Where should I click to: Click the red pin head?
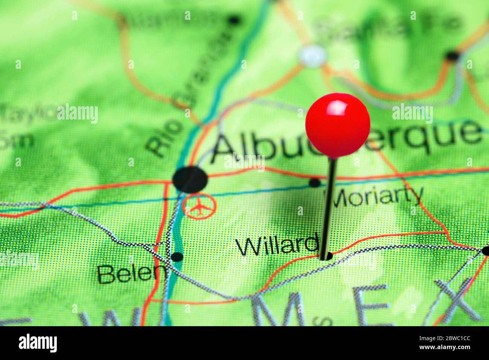click(337, 125)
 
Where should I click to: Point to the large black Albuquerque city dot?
click(190, 178)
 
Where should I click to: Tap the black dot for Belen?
click(177, 257)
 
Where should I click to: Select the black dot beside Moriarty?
click(314, 183)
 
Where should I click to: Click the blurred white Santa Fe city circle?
click(312, 56)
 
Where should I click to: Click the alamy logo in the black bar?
click(38, 343)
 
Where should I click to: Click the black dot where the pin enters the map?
click(326, 257)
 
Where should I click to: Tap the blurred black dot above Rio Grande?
click(234, 20)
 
